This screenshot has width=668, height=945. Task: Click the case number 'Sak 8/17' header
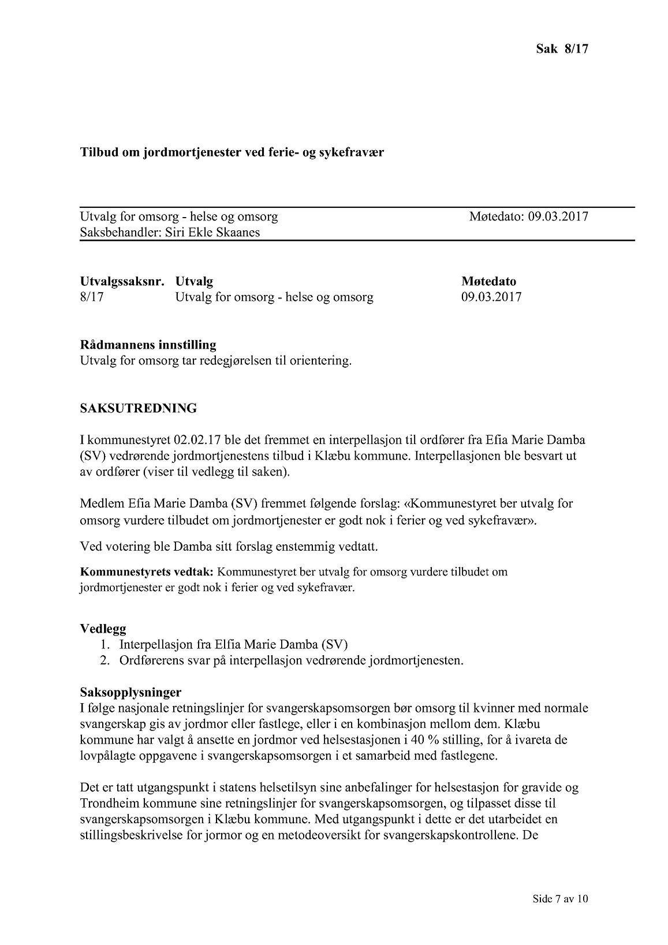coord(561,48)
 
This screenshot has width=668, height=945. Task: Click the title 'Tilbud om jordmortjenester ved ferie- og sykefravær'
coord(232,153)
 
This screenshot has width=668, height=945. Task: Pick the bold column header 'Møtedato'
coord(488,282)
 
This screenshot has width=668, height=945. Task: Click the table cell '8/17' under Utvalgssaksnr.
coord(92,297)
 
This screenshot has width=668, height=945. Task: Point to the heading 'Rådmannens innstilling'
coord(148,345)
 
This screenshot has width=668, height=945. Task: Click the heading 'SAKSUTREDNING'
coord(138,409)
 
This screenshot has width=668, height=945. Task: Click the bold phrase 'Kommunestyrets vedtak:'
coord(147,572)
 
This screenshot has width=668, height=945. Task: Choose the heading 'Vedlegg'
coord(103,629)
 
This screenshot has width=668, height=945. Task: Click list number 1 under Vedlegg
coord(106,644)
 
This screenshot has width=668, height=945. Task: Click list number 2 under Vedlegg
coord(106,660)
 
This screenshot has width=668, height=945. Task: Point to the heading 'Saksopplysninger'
coord(130,692)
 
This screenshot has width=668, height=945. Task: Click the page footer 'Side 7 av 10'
coord(560,915)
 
